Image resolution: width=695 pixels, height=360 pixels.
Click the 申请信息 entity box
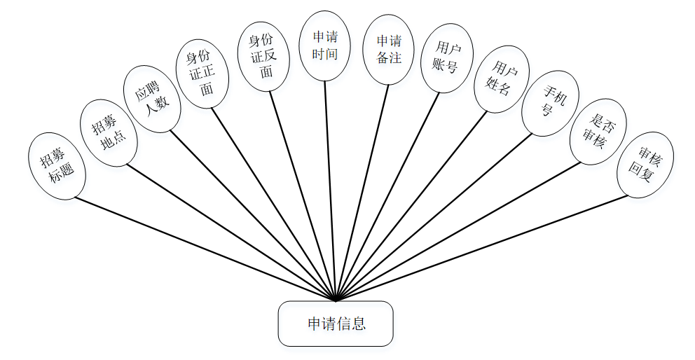point(336,324)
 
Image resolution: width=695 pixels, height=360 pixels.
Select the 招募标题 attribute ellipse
point(57,166)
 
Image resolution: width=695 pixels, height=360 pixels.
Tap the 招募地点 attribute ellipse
point(109,132)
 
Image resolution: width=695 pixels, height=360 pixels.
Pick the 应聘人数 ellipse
point(152,99)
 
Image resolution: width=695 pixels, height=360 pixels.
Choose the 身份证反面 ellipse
point(263,57)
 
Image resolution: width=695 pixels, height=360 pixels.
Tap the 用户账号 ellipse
point(447,58)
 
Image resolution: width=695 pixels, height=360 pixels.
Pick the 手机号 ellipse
point(548,103)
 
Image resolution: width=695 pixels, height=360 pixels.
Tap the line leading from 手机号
point(434,216)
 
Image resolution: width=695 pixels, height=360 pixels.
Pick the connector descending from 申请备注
point(363,189)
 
